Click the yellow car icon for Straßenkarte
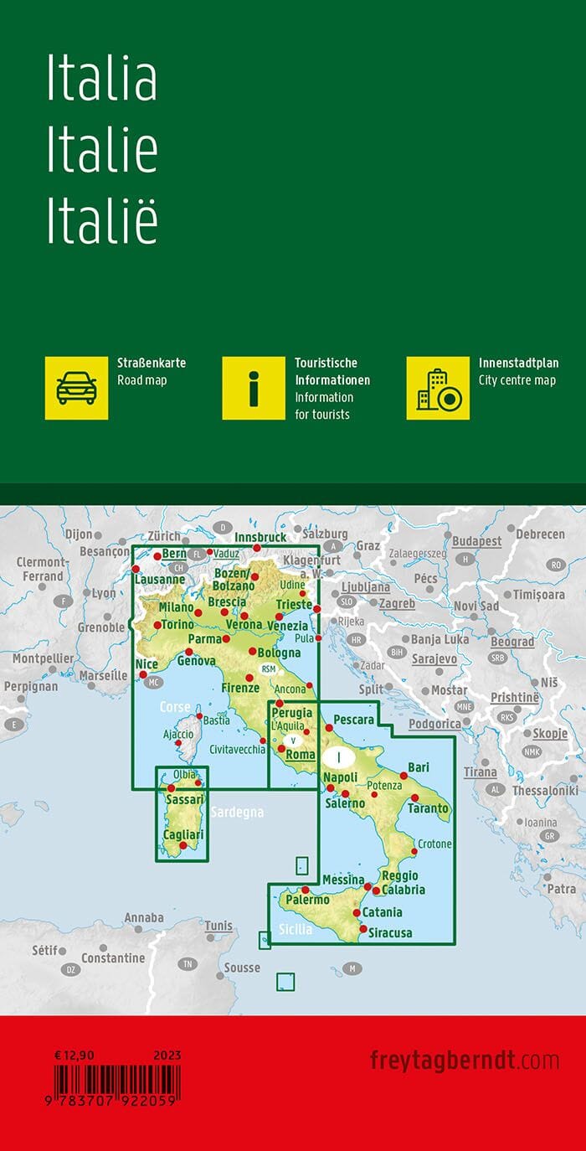76,388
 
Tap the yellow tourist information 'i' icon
254,388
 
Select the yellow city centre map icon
438,388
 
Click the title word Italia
101,80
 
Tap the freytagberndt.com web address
465,1060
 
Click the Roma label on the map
300,755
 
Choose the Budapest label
476,541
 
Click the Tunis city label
218,926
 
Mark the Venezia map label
288,626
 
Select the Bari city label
419,766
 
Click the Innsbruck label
260,537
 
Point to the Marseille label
103,675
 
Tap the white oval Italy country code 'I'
338,757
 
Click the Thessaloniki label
545,790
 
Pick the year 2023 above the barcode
167,1056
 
